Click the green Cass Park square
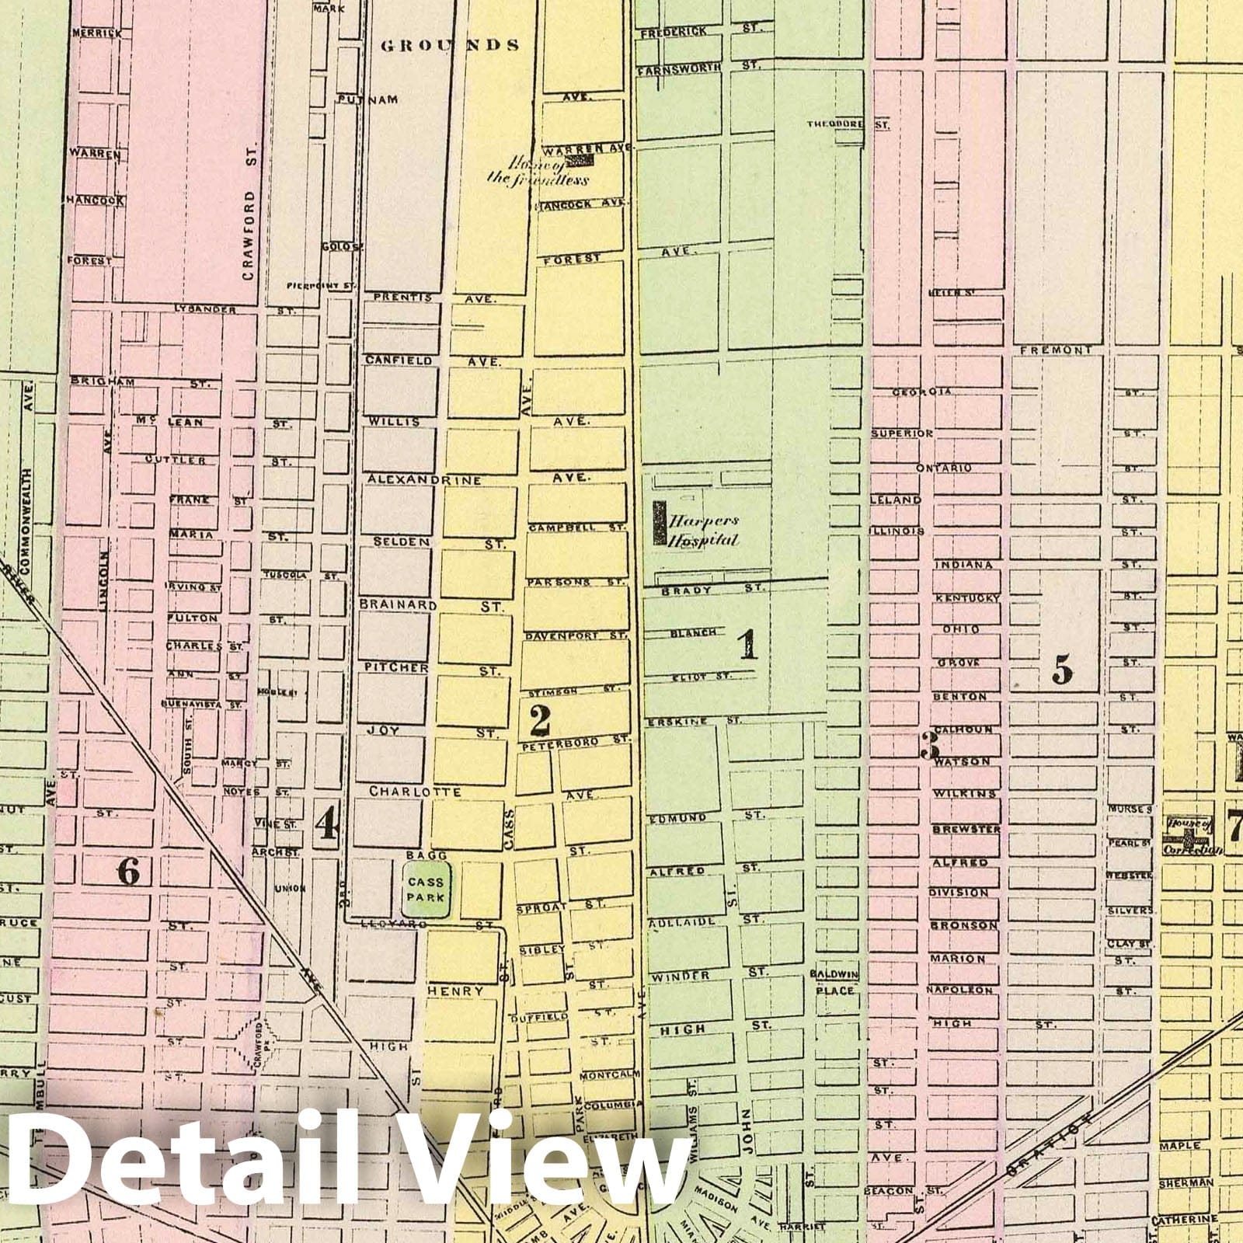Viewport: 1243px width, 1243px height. pyautogui.click(x=427, y=890)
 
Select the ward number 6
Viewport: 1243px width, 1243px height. pyautogui.click(x=128, y=872)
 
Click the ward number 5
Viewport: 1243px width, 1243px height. pyautogui.click(x=1062, y=669)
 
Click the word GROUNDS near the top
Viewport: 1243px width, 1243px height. pyautogui.click(x=450, y=45)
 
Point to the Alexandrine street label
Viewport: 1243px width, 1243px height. pyautogui.click(x=424, y=479)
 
